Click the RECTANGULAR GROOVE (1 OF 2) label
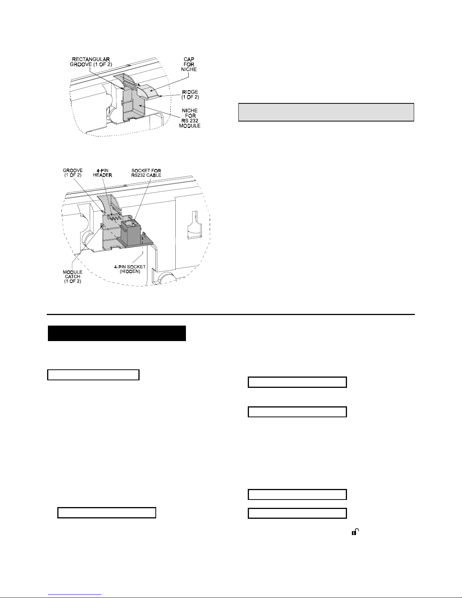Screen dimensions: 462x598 (x=91, y=62)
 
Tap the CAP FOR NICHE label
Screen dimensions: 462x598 (x=189, y=65)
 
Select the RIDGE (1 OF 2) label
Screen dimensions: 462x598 (x=190, y=94)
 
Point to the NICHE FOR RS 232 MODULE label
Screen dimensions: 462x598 (x=190, y=118)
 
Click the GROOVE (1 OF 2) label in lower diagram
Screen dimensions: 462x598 (x=73, y=173)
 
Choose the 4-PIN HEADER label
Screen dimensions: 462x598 (x=103, y=173)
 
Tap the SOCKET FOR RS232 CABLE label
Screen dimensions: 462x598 (x=146, y=173)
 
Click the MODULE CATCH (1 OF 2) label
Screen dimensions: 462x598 (x=72, y=277)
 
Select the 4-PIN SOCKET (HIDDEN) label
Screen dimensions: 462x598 (x=130, y=269)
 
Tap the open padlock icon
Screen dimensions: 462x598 (x=355, y=532)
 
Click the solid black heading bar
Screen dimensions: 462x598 (x=117, y=333)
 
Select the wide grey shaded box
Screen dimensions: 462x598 (x=326, y=112)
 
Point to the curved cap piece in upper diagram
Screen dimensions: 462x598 (x=148, y=91)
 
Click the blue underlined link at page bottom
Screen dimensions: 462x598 (x=75, y=594)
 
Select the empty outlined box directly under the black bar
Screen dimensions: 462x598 (x=93, y=375)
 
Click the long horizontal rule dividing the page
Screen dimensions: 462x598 (x=231, y=314)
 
